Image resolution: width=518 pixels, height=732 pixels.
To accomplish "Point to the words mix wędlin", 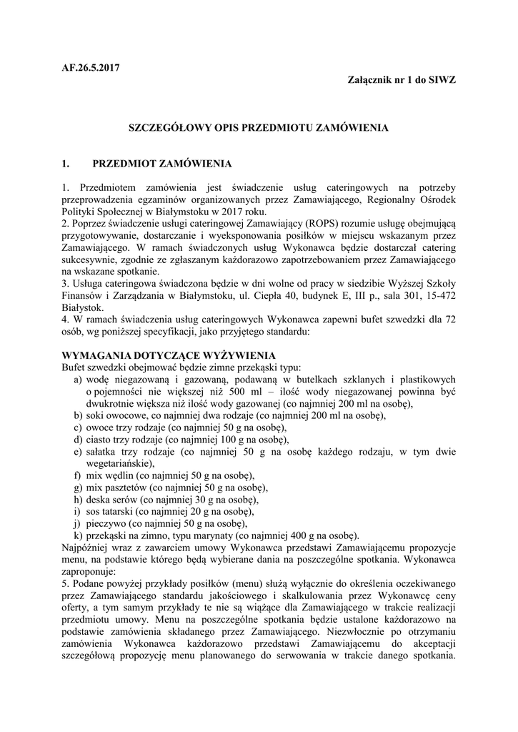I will coord(109,475).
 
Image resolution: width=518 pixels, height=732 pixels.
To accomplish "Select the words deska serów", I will coord(112,499).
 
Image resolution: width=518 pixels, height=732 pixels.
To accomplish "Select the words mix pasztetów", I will coord(115,488).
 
